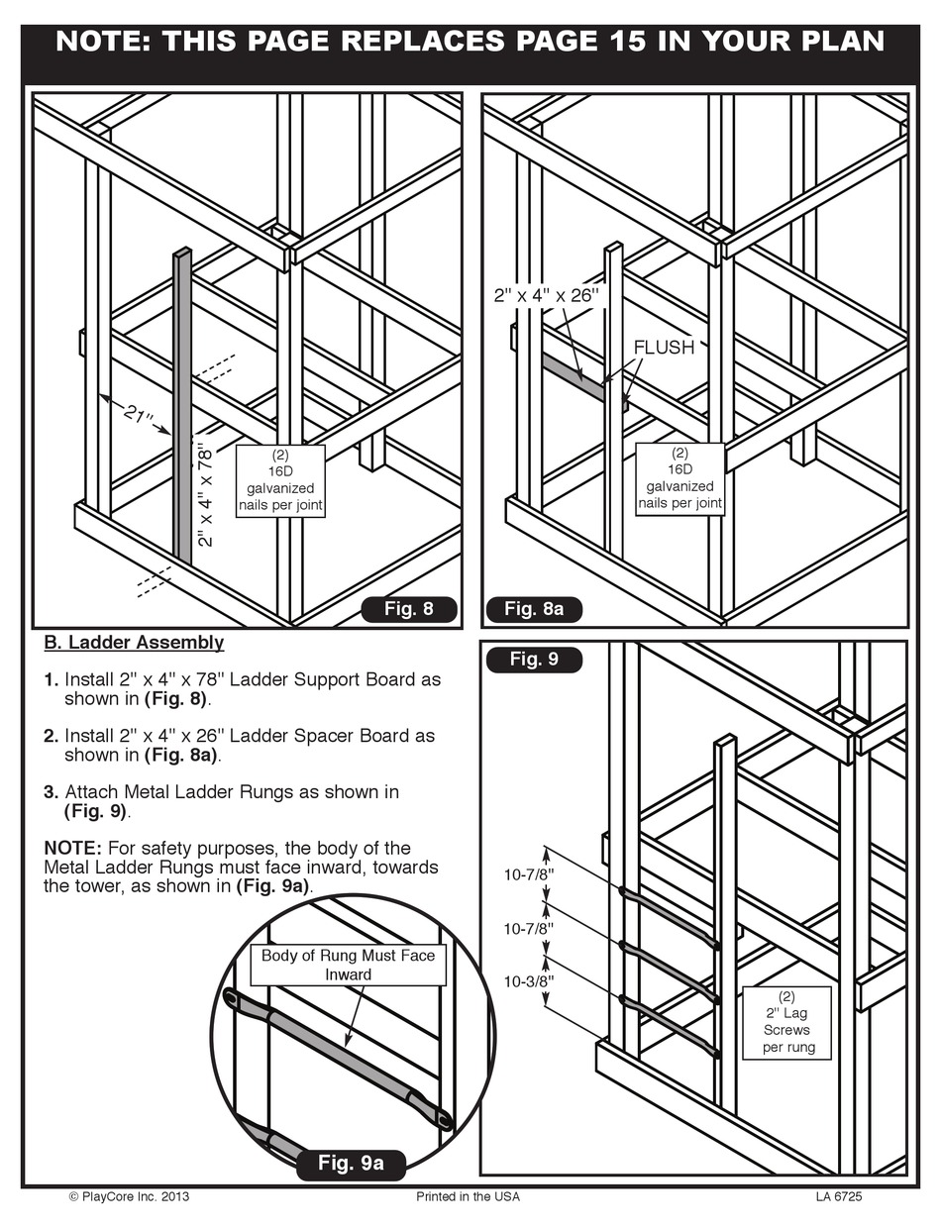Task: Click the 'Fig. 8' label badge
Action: [409, 609]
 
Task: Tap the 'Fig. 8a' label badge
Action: [534, 609]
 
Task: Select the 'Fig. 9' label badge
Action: [534, 660]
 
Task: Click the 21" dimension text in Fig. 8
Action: [140, 414]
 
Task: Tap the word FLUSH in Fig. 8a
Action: [664, 348]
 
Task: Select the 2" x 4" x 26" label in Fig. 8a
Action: [547, 295]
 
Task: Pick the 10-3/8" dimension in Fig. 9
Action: [529, 982]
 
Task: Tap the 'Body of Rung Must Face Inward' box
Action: [348, 965]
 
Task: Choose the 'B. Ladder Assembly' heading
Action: [134, 643]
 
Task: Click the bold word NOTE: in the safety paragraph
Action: [72, 849]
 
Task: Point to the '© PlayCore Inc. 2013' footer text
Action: [129, 1196]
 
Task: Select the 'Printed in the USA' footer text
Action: [469, 1196]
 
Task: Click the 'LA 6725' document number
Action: [839, 1196]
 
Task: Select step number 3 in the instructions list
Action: [51, 792]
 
